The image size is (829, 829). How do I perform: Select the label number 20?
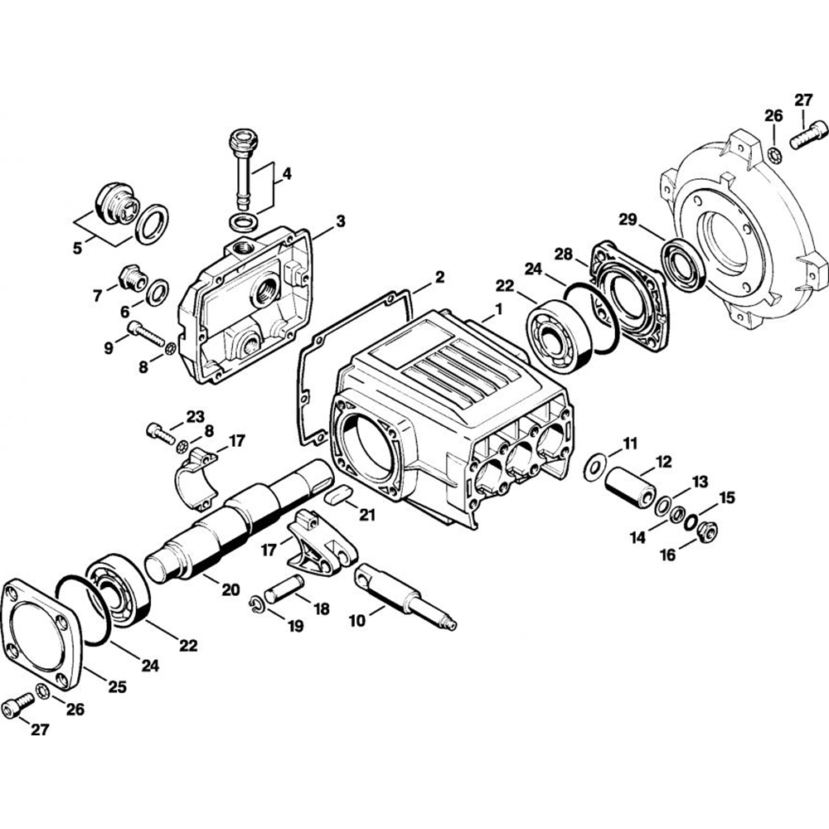[x=230, y=589]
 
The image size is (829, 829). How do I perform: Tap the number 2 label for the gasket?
[x=439, y=276]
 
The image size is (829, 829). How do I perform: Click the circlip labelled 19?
[x=258, y=608]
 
